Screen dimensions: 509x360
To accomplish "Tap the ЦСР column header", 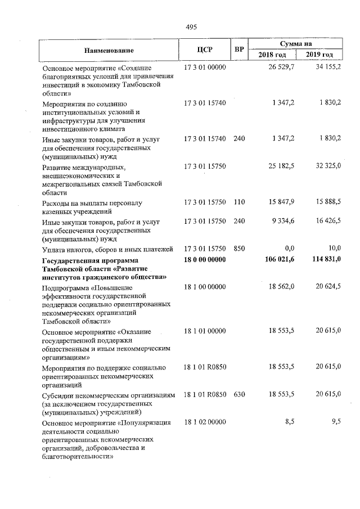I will [205, 49].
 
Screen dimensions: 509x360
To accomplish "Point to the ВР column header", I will [239, 49].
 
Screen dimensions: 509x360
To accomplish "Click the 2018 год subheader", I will [272, 55].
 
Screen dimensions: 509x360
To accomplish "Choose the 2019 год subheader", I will [319, 55].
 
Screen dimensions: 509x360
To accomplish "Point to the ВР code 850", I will [239, 249].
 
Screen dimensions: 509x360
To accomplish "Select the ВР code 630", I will [239, 395].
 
